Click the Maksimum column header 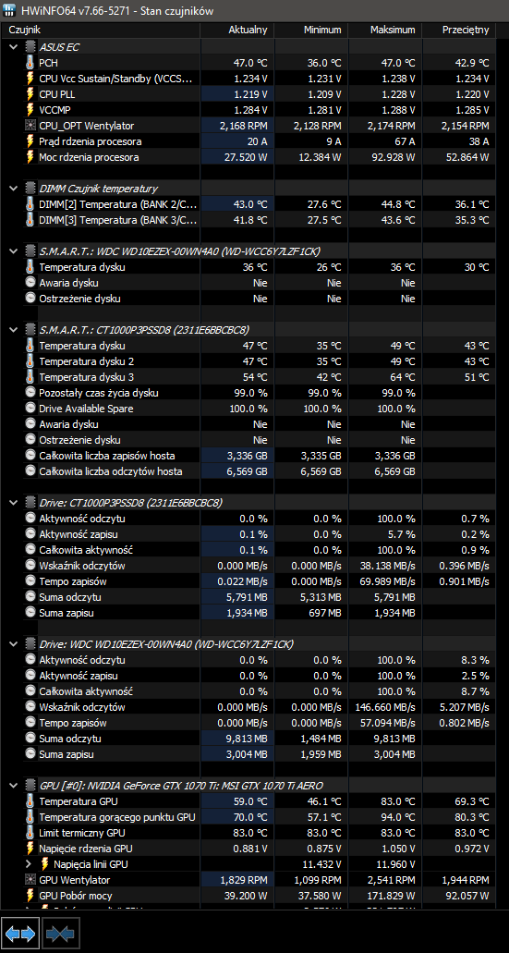393,30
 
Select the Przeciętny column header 466,30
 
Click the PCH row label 49,63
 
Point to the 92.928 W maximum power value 393,157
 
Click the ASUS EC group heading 59,47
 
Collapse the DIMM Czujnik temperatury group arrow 13,189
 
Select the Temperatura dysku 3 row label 86,377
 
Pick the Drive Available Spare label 86,409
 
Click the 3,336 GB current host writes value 247,456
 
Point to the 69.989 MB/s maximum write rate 389,581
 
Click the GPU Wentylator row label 75,880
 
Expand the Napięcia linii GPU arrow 28,864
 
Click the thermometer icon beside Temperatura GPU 30,801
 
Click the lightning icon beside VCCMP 30,110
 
